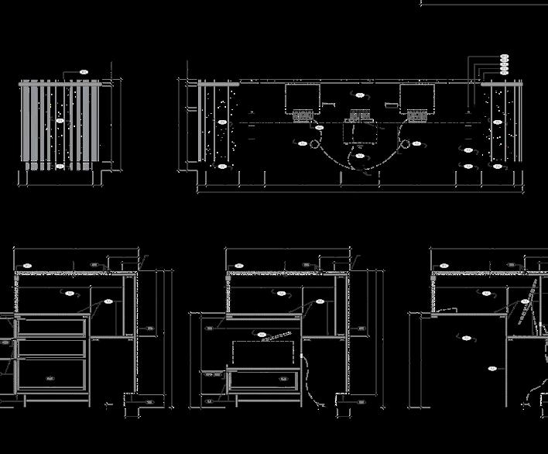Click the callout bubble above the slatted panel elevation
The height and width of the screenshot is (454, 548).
84,72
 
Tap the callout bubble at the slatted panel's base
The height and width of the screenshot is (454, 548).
60,167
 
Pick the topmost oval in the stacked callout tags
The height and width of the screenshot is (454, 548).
505,57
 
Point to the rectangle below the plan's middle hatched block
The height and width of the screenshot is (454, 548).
358,134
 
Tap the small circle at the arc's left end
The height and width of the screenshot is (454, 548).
315,143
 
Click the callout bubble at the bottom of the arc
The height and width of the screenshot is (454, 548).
360,156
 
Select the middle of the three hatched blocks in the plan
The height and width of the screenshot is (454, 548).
359,116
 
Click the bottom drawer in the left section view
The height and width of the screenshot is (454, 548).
50,375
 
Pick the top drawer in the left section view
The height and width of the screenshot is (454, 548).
50,325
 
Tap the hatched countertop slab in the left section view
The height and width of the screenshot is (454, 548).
70,272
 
